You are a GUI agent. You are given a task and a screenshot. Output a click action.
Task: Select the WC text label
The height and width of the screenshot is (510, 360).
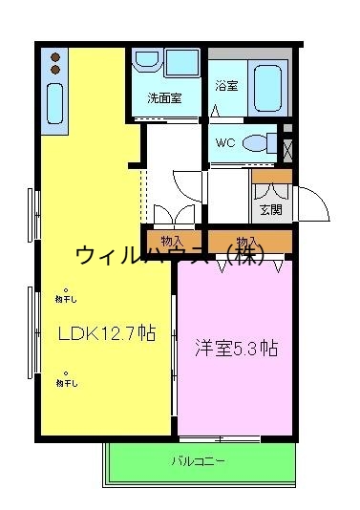pos(225,143)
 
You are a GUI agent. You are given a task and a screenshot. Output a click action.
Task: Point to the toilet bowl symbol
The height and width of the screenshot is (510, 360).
pos(256,143)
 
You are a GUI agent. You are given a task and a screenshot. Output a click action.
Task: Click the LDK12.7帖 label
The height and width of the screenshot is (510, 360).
pos(105,333)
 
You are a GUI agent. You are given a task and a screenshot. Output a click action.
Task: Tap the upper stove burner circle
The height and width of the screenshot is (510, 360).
pos(55,56)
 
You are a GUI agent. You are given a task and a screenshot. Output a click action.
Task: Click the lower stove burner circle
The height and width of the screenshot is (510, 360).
pos(55,70)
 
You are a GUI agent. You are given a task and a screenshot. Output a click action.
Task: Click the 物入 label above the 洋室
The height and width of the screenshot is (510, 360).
pos(246,241)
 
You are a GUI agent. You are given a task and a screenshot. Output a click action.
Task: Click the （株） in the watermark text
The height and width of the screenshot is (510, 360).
pos(243,255)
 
